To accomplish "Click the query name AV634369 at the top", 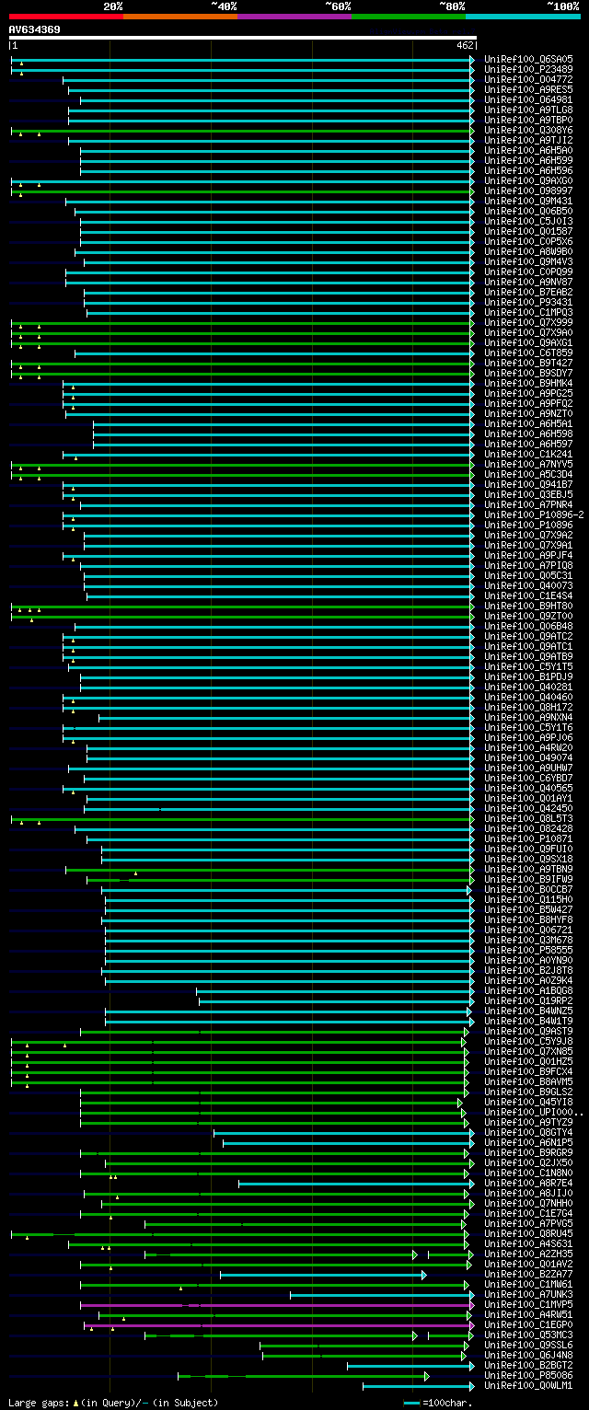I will pyautogui.click(x=35, y=29).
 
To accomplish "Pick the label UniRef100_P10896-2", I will pyautogui.click(x=534, y=514).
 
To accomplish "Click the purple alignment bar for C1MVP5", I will pyautogui.click(x=276, y=1305).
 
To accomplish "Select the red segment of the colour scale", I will pyautogui.click(x=65, y=16).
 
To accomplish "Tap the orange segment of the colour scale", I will pyautogui.click(x=179, y=16).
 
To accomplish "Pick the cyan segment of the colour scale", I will pyautogui.click(x=522, y=16).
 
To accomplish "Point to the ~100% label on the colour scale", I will pyautogui.click(x=562, y=6).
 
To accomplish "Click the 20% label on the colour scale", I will pyautogui.click(x=113, y=6).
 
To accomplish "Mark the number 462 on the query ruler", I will pyautogui.click(x=464, y=44).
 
